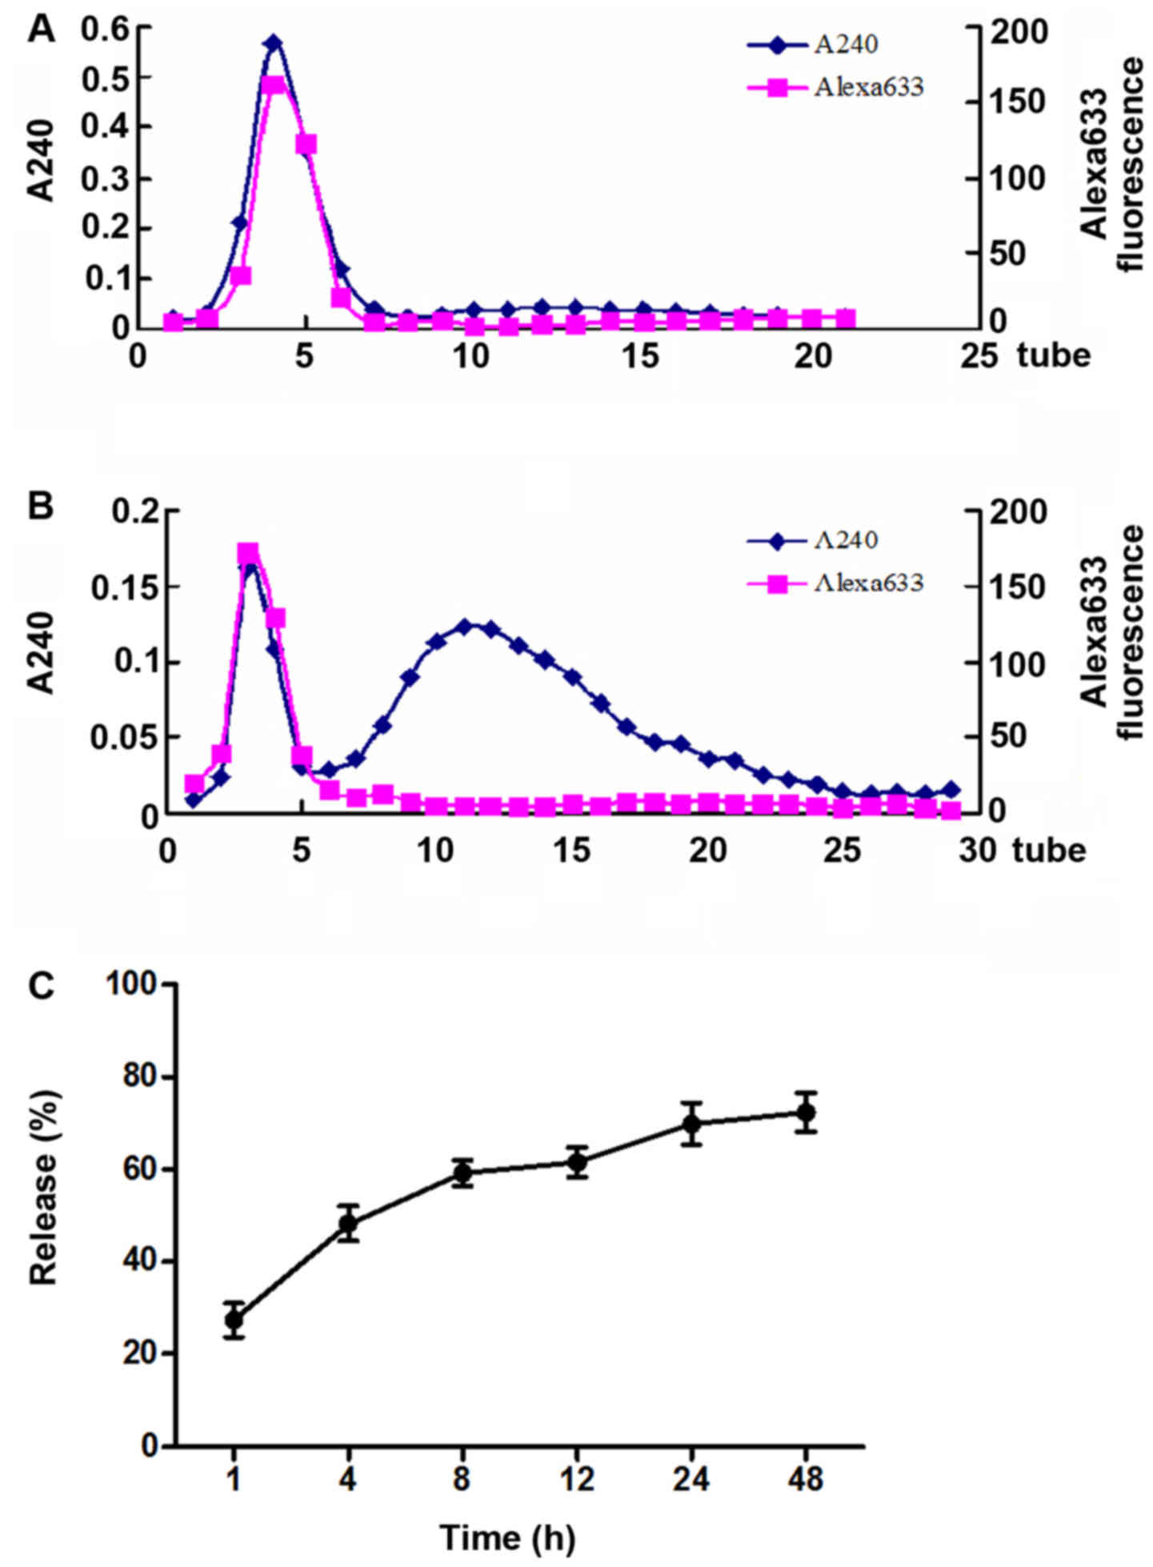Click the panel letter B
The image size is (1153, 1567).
click(x=41, y=507)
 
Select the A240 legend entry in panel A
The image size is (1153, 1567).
click(x=846, y=44)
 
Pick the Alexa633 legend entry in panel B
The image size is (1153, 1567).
click(x=868, y=583)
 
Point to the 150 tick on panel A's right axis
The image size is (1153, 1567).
click(x=1015, y=102)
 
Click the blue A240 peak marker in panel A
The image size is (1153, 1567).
click(x=274, y=43)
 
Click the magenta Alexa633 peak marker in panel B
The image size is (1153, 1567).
click(x=248, y=553)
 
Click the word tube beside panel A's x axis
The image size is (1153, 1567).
click(x=1054, y=355)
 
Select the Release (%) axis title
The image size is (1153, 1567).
click(x=45, y=1215)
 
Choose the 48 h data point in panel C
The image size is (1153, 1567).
click(x=806, y=1112)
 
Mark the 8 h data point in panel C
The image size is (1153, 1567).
click(x=462, y=1173)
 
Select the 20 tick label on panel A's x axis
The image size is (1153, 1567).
click(x=812, y=355)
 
